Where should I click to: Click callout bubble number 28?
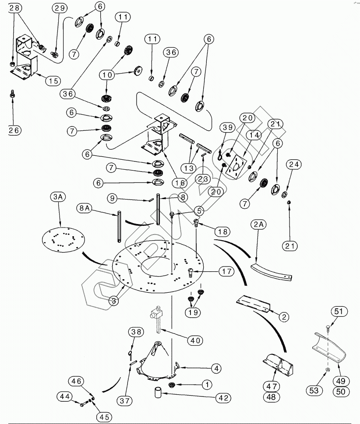[x=14, y=8]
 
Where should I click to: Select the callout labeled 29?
[x=59, y=8]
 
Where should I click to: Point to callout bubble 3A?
[x=59, y=198]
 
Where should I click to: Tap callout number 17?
[x=226, y=272]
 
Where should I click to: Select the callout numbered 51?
[x=338, y=312]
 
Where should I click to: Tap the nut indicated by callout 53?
[x=328, y=371]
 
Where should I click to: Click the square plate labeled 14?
[x=235, y=166]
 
